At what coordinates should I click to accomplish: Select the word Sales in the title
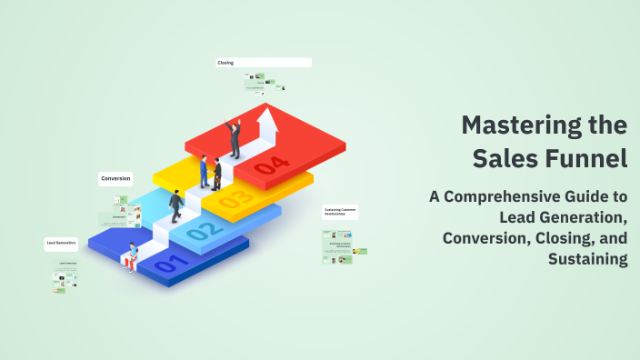(502, 157)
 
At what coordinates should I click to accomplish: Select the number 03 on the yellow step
(235, 197)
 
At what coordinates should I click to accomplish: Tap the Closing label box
(264, 63)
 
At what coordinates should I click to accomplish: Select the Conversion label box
(115, 179)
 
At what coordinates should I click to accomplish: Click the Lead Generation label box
(62, 244)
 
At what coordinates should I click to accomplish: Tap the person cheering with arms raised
(235, 137)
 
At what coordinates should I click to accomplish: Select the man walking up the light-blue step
(175, 206)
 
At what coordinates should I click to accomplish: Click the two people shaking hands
(210, 172)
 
